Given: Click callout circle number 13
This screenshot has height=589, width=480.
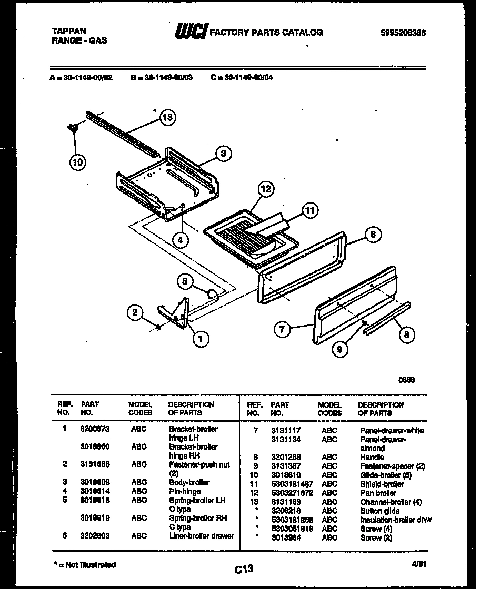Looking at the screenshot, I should pos(167,117).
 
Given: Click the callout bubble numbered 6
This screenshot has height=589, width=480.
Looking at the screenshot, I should pos(373,235).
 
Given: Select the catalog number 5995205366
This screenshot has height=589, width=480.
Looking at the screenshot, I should pos(403,33).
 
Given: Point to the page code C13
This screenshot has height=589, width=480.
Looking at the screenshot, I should pos(245,568).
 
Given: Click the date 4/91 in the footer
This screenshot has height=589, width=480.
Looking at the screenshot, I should pos(419,564).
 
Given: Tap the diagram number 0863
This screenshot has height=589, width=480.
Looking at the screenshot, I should pos(407,380).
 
